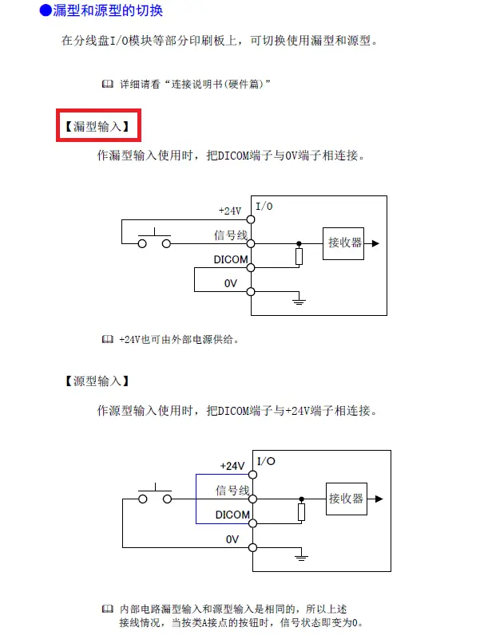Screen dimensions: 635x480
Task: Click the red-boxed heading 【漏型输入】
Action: (98, 126)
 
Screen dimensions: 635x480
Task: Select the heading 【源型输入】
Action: (97, 381)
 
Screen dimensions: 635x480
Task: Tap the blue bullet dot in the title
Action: (46, 11)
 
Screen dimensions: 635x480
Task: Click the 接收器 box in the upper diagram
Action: (344, 243)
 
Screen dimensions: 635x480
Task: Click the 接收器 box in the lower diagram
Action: (346, 498)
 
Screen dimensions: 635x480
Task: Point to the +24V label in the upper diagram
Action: (229, 211)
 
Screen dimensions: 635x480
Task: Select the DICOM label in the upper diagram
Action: (231, 259)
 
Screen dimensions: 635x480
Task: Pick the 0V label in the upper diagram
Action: (231, 283)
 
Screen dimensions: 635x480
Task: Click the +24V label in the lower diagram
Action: (232, 466)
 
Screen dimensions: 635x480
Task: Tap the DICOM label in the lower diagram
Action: (232, 515)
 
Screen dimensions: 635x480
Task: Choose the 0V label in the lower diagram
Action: (232, 539)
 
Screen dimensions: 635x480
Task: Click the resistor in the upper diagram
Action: (299, 256)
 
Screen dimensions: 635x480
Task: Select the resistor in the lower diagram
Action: (300, 511)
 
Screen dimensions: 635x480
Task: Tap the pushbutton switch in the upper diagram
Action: (155, 239)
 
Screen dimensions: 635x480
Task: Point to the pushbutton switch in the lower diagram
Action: (155, 495)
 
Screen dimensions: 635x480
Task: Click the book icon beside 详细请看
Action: (108, 84)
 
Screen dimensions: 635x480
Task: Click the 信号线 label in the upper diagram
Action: (231, 235)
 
